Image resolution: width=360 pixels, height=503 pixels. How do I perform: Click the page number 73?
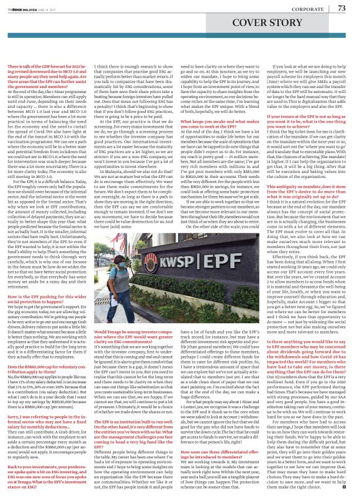341,8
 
